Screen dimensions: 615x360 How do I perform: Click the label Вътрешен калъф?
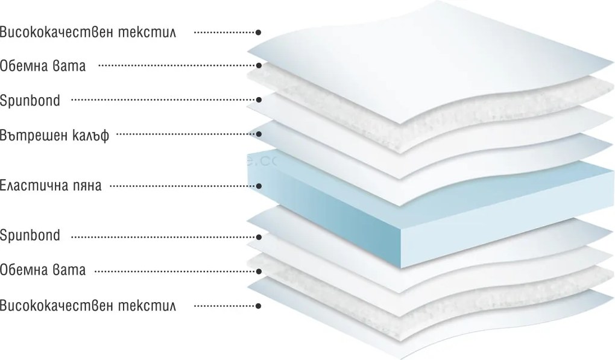(x=54, y=135)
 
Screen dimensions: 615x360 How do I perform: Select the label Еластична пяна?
(x=51, y=185)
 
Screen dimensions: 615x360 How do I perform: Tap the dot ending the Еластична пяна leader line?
(x=259, y=186)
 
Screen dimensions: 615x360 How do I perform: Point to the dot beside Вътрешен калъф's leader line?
(x=259, y=134)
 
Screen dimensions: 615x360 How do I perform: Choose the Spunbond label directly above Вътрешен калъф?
(x=30, y=100)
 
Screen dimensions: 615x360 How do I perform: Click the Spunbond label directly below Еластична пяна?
(x=30, y=235)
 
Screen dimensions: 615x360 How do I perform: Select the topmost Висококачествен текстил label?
(x=88, y=32)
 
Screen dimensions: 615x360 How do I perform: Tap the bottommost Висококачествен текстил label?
(x=88, y=306)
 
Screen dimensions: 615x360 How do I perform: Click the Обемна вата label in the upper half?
(x=43, y=66)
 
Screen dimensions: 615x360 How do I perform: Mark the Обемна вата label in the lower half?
(x=43, y=270)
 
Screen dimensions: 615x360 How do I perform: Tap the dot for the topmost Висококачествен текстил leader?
(x=259, y=33)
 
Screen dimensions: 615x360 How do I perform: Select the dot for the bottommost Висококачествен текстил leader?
(x=259, y=306)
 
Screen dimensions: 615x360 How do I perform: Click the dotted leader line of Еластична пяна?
(x=183, y=186)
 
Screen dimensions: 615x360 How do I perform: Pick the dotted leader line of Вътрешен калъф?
(x=186, y=134)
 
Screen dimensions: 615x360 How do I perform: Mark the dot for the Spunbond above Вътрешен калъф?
(x=259, y=100)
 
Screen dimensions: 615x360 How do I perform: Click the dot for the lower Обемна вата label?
(x=259, y=271)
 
